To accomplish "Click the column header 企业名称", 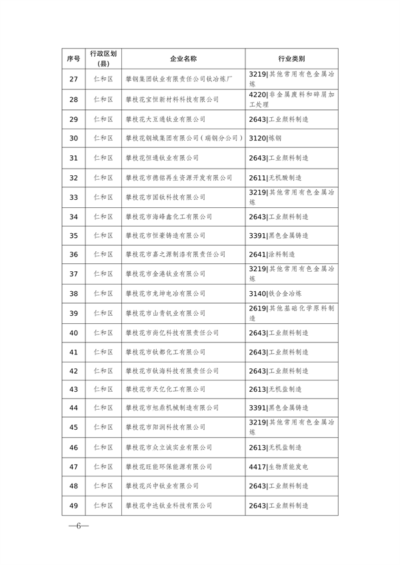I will click(x=183, y=59).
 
